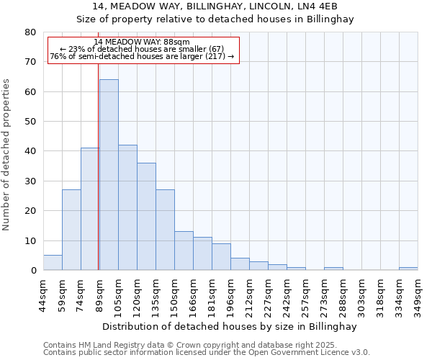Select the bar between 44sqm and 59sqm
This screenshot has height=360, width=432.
53,263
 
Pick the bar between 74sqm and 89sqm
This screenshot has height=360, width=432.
90,209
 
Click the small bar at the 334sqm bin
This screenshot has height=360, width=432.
408,269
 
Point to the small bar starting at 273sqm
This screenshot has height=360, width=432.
333,269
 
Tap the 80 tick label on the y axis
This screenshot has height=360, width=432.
30,32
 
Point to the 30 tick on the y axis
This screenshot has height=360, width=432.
30,181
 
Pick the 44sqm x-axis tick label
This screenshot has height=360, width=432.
43,294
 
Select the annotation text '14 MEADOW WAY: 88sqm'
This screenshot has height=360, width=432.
142,42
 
